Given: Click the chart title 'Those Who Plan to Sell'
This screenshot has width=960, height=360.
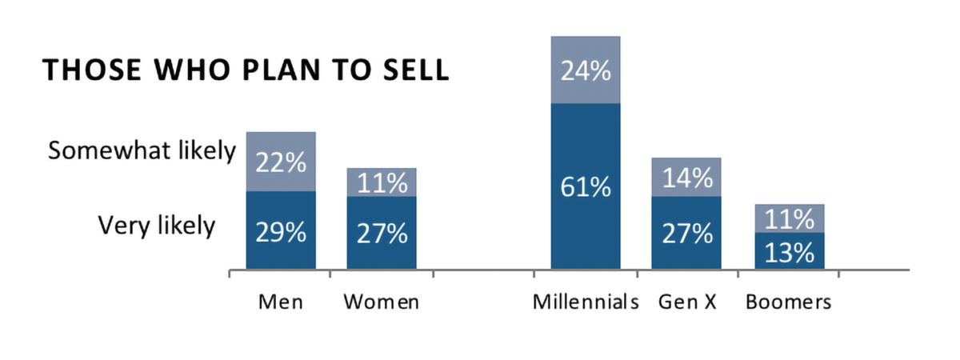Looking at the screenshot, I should tap(246, 70).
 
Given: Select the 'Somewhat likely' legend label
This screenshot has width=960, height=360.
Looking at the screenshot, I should tap(142, 151).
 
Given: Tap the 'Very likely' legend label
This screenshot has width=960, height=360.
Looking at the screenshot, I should tap(157, 226).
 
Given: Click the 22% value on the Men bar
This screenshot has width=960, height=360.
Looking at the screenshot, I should tap(281, 163).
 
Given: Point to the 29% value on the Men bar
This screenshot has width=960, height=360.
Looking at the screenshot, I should tap(281, 233).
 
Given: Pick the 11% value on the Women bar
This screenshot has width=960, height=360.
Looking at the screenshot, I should tap(382, 183).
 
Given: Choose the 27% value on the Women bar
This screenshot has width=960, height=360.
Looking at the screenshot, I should tap(382, 234).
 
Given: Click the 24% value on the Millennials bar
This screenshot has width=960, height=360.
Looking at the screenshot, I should tap(586, 72).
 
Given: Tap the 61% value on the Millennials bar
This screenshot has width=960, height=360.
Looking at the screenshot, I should tap(586, 189).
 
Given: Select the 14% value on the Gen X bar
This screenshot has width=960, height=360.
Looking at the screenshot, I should tap(686, 178).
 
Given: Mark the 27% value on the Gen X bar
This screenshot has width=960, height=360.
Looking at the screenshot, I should tap(686, 234).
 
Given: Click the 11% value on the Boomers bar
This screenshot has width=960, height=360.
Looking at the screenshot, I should tap(789, 218).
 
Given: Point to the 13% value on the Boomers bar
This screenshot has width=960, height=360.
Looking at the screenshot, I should tap(789, 253).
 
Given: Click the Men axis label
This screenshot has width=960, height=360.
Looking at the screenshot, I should tap(280, 302).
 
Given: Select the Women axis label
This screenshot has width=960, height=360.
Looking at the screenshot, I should tap(381, 302).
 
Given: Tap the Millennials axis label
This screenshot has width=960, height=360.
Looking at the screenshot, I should tap(586, 302).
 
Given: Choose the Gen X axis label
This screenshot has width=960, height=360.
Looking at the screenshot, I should tap(686, 302).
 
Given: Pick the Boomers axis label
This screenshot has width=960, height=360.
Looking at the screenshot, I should tap(789, 302).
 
